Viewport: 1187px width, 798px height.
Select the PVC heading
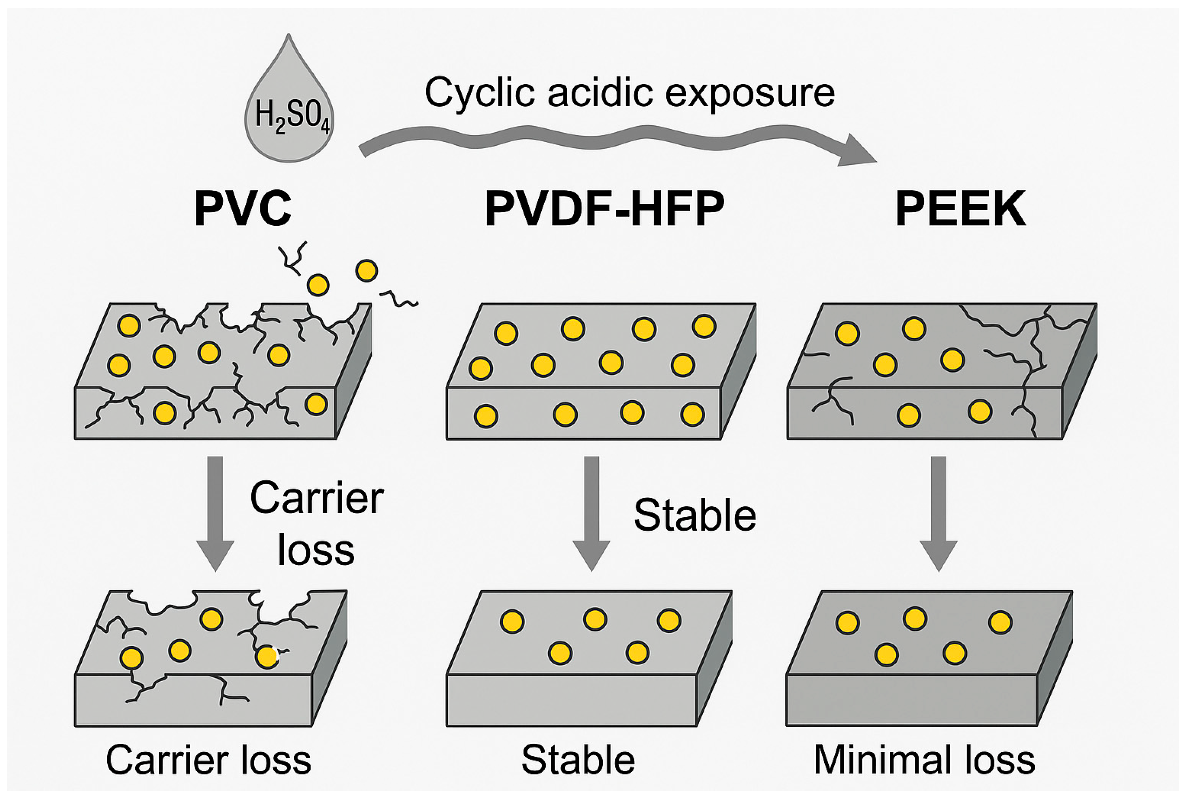pyautogui.click(x=243, y=209)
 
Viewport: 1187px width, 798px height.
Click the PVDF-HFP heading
pyautogui.click(x=604, y=209)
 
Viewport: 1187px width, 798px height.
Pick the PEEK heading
pyautogui.click(x=960, y=209)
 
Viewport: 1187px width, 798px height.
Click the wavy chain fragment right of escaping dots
pyautogui.click(x=399, y=299)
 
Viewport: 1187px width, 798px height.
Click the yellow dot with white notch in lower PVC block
pyautogui.click(x=267, y=657)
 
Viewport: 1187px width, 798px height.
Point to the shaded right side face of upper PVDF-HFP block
pyautogui.click(x=738, y=371)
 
